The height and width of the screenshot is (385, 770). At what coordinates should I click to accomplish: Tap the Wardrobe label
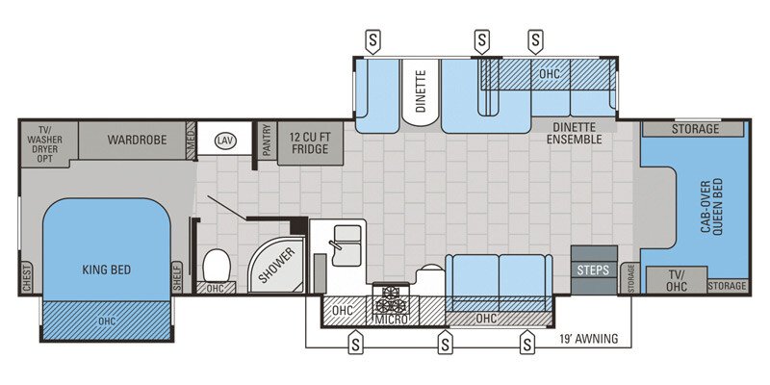point(137,140)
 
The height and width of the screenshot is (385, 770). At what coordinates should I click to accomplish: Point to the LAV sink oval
point(225,141)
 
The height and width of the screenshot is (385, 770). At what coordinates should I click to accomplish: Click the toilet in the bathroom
point(217,262)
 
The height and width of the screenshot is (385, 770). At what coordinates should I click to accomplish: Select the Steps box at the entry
point(593,269)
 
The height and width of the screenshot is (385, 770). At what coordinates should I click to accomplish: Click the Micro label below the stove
point(391,319)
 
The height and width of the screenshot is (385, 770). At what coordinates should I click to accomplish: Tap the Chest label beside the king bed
point(26,277)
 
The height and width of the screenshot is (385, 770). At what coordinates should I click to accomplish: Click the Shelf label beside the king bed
point(176,277)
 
